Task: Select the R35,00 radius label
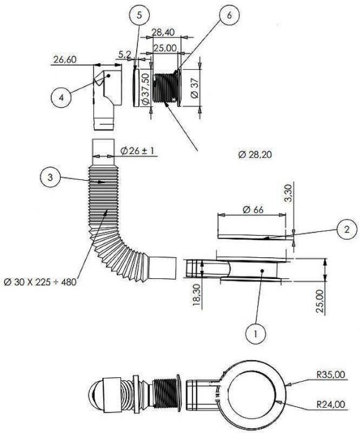[330, 374]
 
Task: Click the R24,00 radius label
[330, 405]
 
